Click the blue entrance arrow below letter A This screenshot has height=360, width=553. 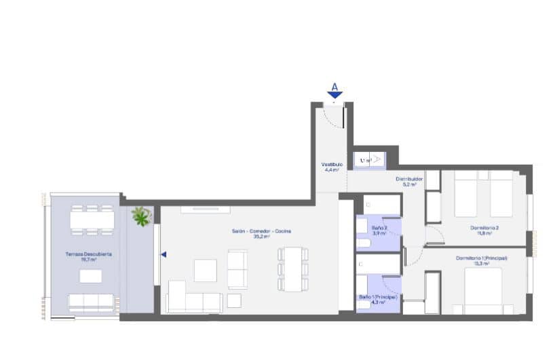tap(335, 96)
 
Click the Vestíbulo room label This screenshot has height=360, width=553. tap(332, 165)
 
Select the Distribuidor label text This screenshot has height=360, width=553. tap(410, 180)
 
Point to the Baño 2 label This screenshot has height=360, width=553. tap(379, 228)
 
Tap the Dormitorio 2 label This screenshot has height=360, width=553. tap(484, 227)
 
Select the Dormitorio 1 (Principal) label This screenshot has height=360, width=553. tap(482, 258)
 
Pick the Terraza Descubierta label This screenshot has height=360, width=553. tap(89, 254)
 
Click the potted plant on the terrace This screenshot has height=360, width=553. tap(142, 217)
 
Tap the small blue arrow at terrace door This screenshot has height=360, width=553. tap(163, 255)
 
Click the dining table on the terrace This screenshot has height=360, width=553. tap(91, 219)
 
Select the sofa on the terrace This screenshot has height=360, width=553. tap(91, 301)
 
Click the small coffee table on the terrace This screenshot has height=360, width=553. tap(91, 276)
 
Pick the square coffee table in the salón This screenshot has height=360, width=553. tap(205, 270)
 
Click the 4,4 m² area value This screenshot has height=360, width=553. tap(332, 170)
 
